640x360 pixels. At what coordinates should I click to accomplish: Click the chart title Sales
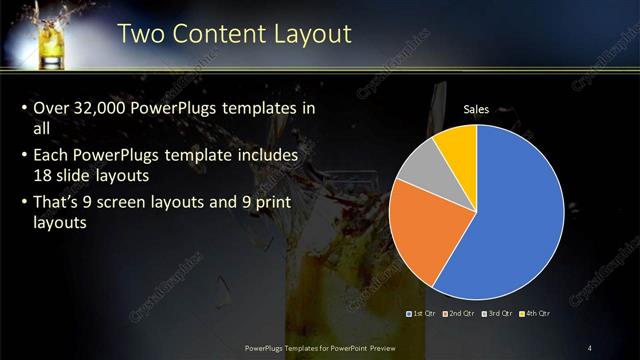coord(476,110)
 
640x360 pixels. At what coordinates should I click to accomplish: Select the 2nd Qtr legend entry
coord(458,314)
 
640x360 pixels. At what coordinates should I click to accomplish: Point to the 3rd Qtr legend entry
coord(497,314)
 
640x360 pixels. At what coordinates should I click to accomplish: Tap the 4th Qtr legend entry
coord(536,314)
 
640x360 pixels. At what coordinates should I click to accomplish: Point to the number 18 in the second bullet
coord(44,177)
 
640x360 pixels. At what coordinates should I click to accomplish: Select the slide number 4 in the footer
coord(591,347)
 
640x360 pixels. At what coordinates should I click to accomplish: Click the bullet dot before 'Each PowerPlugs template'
coord(23,157)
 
